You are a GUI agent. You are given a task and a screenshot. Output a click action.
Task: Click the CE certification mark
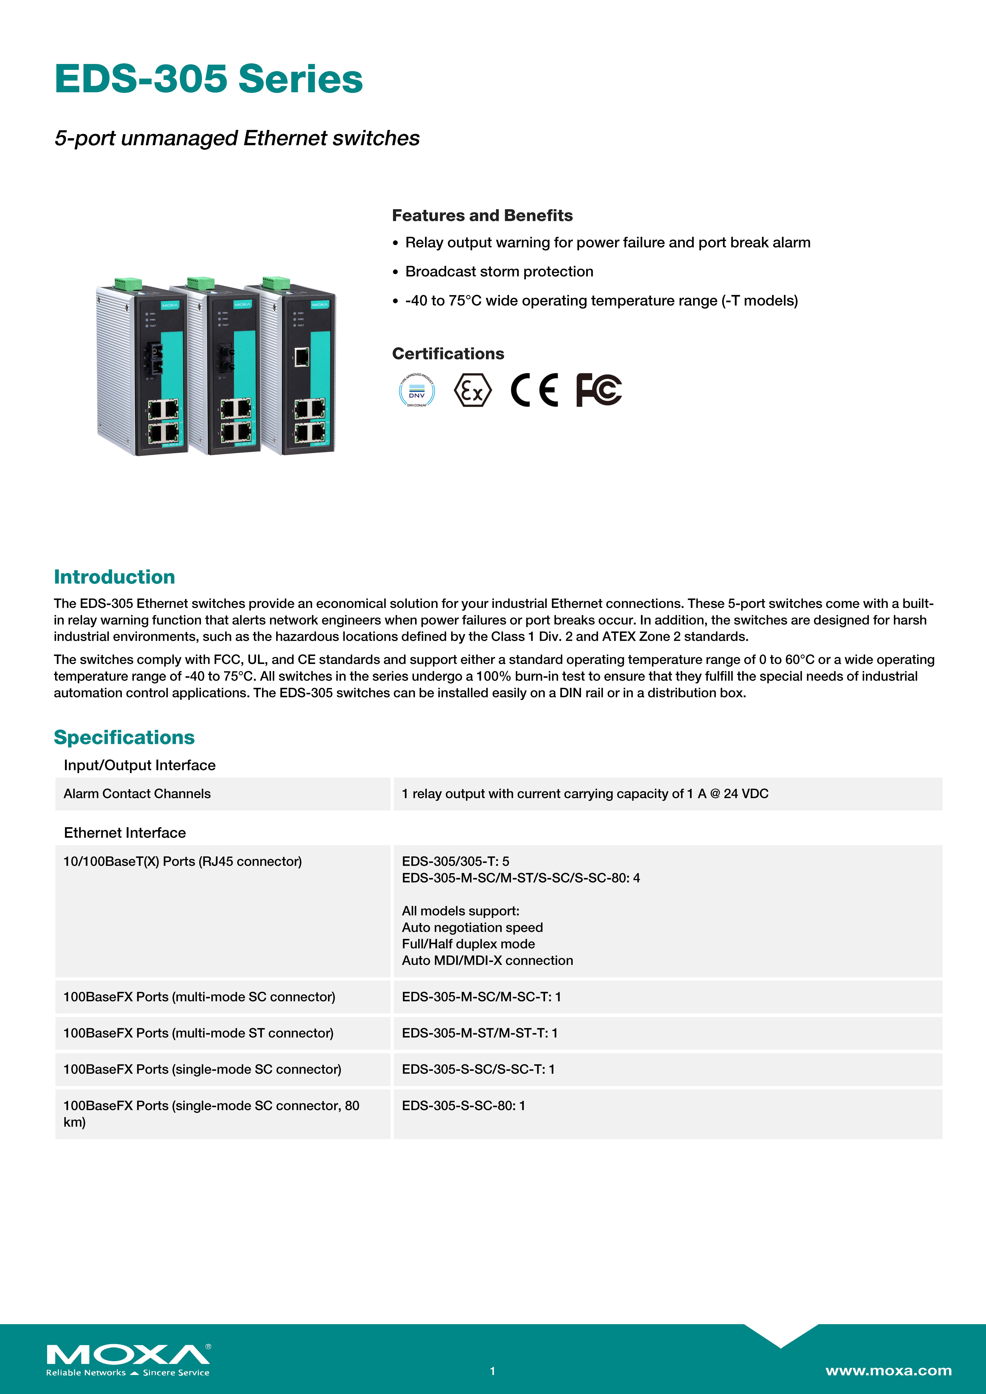click(x=534, y=390)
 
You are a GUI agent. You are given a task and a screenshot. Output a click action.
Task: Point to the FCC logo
click(x=598, y=390)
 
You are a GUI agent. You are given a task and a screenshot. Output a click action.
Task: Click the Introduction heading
click(x=114, y=577)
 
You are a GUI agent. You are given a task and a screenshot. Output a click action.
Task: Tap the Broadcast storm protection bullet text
click(x=499, y=271)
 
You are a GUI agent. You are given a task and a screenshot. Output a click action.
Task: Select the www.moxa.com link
click(x=888, y=1370)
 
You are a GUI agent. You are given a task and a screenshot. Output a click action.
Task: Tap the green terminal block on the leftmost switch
click(x=128, y=284)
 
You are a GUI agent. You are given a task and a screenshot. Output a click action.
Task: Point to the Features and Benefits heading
click(x=482, y=216)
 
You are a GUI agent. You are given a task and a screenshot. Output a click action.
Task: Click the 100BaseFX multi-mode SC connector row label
click(x=199, y=996)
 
